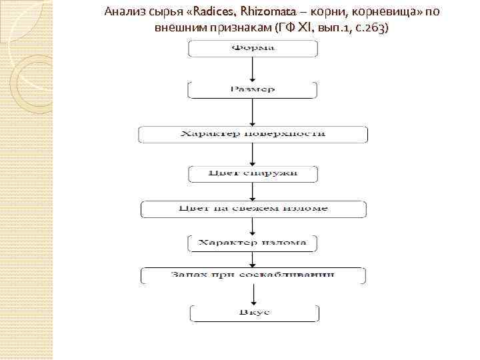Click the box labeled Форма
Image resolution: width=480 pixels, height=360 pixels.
click(x=253, y=49)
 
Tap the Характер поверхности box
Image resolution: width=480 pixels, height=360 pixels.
click(x=253, y=134)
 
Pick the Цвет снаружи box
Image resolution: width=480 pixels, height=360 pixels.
click(x=253, y=175)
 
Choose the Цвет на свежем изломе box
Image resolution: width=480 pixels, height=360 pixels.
click(x=253, y=209)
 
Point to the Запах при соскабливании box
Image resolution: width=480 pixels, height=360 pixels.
click(x=253, y=275)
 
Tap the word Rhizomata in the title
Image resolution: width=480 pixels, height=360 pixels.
click(x=256, y=13)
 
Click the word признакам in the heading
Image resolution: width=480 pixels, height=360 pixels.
click(x=239, y=29)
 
